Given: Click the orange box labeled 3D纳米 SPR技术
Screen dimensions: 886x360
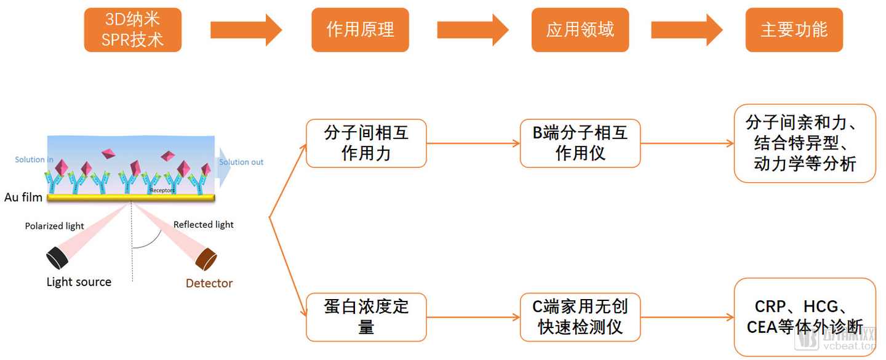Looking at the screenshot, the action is click(132, 30).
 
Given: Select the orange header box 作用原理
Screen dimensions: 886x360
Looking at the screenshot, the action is click(360, 30).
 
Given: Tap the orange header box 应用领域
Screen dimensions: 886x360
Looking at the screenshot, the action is click(580, 30).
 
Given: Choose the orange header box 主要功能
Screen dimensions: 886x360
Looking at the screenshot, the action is click(794, 30).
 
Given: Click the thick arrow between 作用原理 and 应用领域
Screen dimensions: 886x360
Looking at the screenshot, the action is click(473, 30).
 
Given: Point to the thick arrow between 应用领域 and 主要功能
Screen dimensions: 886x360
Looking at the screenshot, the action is click(687, 30).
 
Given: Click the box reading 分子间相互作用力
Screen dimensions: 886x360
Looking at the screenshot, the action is click(366, 143).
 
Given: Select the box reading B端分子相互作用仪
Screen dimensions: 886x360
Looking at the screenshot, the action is click(580, 143).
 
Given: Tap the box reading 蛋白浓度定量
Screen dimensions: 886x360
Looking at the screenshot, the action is click(366, 317).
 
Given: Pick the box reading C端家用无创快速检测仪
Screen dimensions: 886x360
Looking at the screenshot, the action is click(580, 317).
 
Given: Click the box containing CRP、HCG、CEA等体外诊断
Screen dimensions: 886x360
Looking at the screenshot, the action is click(805, 317).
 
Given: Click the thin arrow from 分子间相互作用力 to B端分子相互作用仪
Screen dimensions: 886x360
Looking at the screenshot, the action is click(473, 143).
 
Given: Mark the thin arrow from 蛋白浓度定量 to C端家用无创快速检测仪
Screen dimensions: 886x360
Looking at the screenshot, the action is click(473, 317).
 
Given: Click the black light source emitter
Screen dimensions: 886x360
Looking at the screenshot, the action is click(58, 257).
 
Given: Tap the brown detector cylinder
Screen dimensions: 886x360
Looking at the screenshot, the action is click(206, 259).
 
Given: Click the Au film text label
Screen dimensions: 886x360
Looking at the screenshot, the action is click(23, 197).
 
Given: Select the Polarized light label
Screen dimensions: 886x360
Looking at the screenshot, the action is click(55, 226).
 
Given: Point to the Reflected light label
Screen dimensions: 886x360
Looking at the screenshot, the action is click(203, 224).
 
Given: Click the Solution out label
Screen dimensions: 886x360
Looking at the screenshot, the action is click(241, 162).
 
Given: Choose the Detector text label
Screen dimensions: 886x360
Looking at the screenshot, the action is click(209, 283).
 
